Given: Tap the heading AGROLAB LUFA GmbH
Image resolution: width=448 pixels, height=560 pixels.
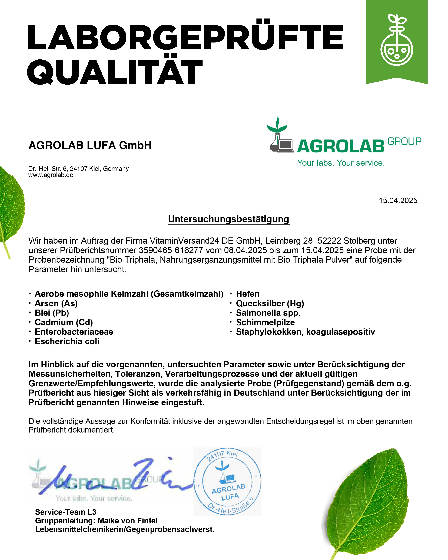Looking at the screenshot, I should tap(90, 145).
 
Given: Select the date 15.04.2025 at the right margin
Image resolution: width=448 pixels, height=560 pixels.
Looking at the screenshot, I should tap(398, 201).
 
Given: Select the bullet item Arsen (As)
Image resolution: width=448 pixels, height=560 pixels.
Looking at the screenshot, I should tap(56, 303).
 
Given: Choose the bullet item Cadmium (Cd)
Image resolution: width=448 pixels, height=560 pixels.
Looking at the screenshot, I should tap(64, 322).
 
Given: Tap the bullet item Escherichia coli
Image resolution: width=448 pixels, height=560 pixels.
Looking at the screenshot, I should tap(67, 341).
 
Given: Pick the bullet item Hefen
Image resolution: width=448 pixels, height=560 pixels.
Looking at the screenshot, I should tap(247, 294).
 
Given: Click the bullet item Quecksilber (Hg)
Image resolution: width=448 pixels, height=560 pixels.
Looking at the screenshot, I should tap(270, 303).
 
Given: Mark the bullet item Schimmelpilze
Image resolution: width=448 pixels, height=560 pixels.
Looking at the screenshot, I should tap(265, 322).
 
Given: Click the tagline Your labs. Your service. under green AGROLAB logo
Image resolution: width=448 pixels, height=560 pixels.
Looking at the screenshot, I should tap(341, 163).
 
